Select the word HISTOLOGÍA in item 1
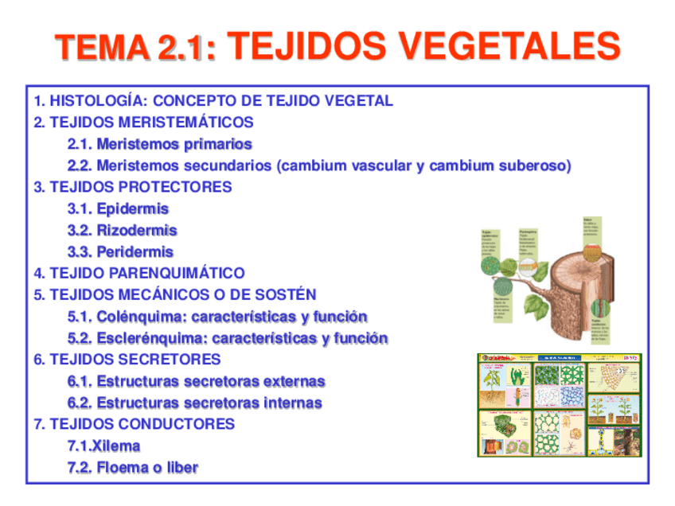pos(98,101)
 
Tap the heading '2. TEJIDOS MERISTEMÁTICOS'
pos(144,123)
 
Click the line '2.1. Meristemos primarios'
pos(160,144)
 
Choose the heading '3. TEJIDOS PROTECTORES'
pos(133,187)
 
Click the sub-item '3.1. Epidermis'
pos(119,208)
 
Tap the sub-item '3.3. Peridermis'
pos(121,251)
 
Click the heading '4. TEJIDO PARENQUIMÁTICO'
pos(139,273)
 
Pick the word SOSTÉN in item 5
pos(286,294)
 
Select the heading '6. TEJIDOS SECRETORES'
pos(127,360)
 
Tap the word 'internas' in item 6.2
pos(293,403)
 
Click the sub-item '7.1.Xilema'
pos(104,446)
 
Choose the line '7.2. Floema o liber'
pos(133,467)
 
